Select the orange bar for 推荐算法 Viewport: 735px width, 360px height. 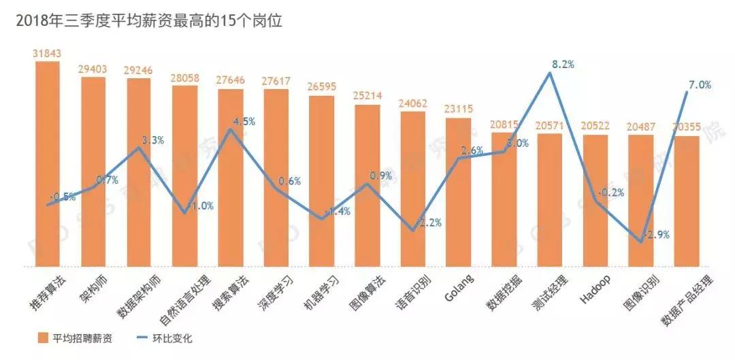pyautogui.click(x=48, y=163)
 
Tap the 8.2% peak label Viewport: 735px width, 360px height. pyautogui.click(x=563, y=65)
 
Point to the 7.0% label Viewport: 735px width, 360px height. pyautogui.click(x=699, y=85)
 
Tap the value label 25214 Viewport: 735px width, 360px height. pyautogui.click(x=367, y=96)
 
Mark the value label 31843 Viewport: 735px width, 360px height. pyautogui.click(x=48, y=53)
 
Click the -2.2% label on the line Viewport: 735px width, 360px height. pyautogui.click(x=429, y=223)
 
